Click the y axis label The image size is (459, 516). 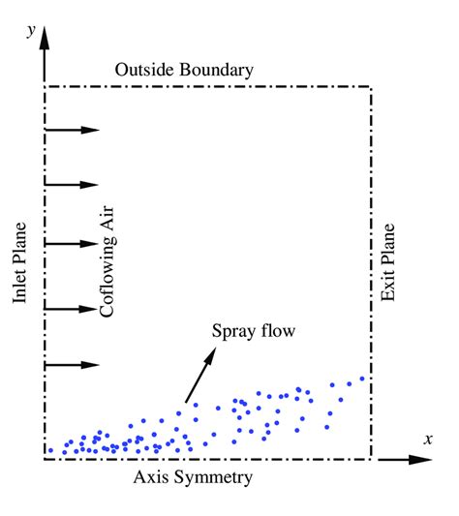pos(32,30)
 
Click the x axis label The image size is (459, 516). pos(427,439)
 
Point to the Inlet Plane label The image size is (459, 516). pos(21,263)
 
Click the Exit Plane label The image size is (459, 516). pos(388,263)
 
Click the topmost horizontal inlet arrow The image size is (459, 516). pos(73,129)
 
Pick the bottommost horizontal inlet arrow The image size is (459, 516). pos(73,365)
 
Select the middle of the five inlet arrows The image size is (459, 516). pos(73,243)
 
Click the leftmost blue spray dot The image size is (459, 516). pos(50,450)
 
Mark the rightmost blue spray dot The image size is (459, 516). pos(362,379)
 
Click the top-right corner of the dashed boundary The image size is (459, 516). pos(372,86)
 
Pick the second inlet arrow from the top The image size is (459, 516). pos(73,185)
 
